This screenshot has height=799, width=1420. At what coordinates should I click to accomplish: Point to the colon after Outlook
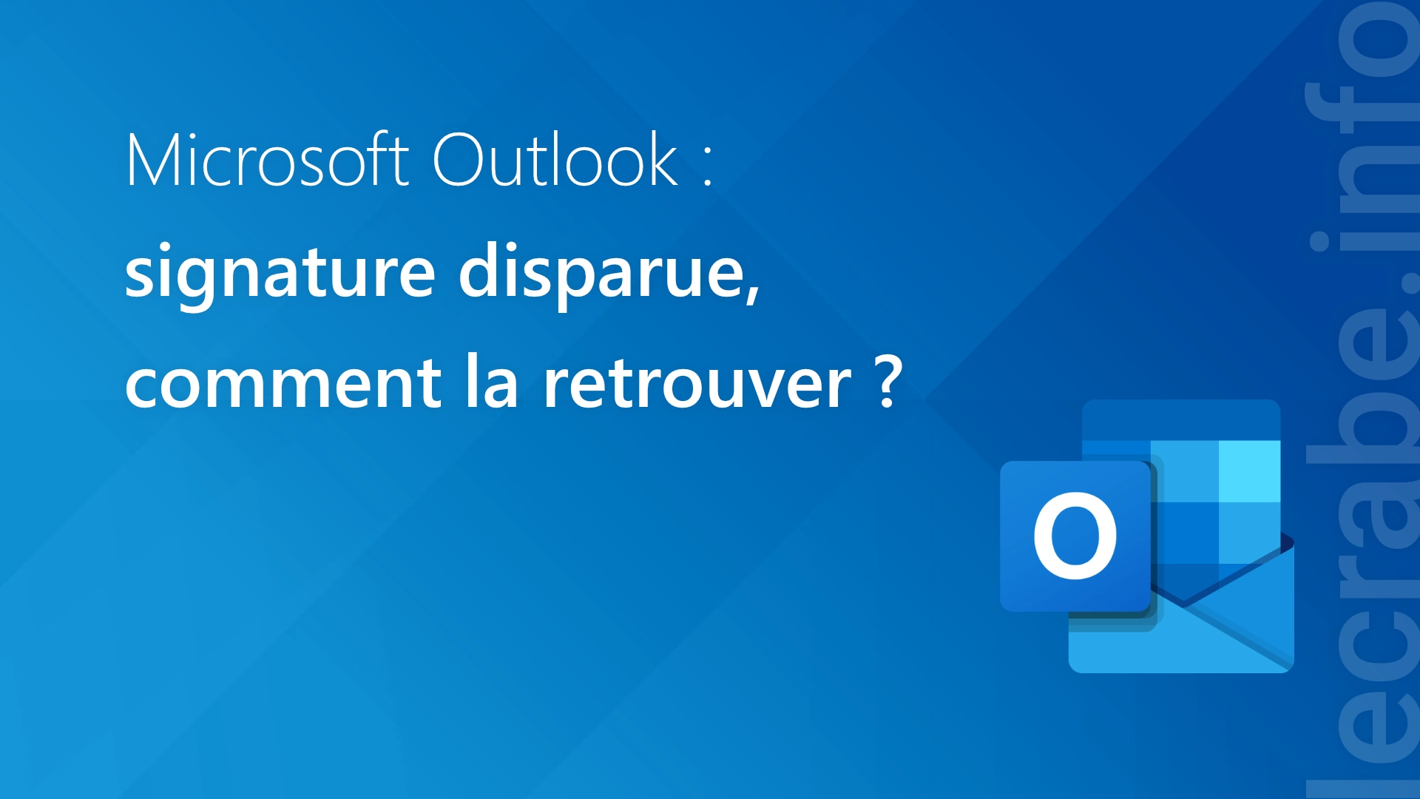tap(708, 164)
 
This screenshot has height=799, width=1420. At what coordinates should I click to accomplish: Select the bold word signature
tap(280, 274)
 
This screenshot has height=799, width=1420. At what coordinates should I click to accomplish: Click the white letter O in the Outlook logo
tap(1075, 536)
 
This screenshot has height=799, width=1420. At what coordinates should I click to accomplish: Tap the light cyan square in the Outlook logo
tap(1249, 471)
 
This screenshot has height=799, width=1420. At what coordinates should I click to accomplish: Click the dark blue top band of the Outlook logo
tap(1181, 420)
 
